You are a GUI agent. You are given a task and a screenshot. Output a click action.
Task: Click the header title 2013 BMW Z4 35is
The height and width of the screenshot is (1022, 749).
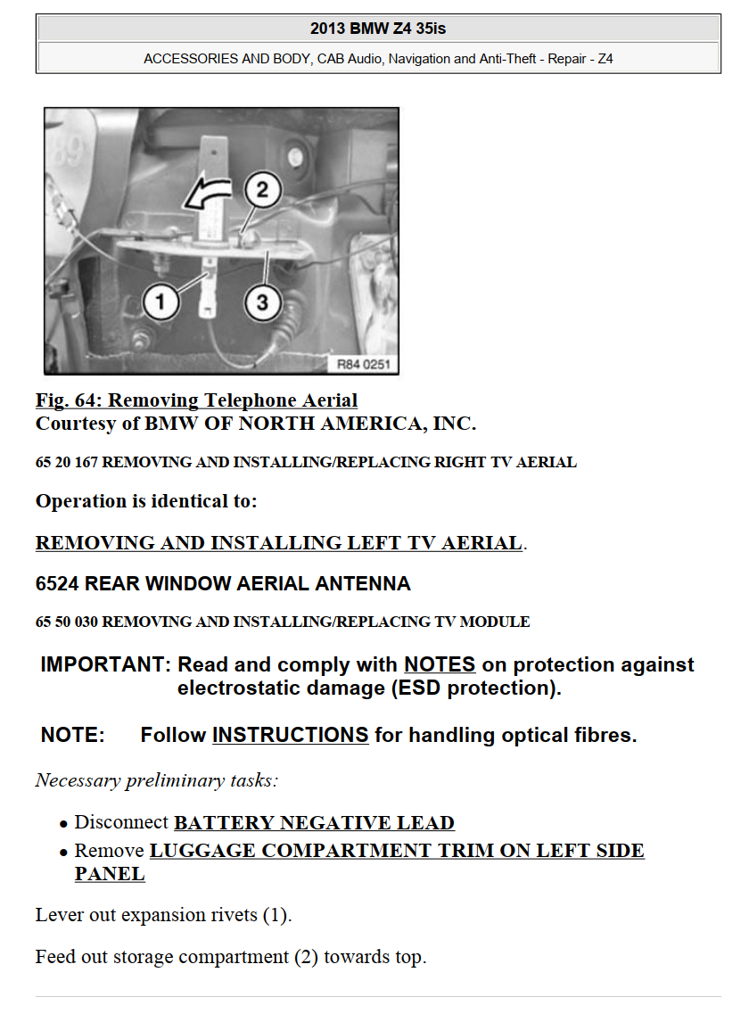[378, 29]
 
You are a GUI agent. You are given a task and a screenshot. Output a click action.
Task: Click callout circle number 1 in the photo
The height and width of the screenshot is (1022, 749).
[160, 302]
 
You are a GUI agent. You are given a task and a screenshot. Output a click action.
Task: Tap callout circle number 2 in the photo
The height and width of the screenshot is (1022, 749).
[261, 190]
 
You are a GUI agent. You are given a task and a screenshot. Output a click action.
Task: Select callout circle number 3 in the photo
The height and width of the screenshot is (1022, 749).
[261, 302]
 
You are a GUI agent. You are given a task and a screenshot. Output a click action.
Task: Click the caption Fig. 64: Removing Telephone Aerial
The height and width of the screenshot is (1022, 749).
[196, 400]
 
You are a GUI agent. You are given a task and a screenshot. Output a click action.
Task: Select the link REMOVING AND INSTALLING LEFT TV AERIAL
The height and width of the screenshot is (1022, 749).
[278, 542]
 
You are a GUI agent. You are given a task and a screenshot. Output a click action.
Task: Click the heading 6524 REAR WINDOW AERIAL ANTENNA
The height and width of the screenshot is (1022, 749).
[223, 584]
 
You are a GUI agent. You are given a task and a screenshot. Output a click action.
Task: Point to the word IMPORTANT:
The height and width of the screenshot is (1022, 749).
[105, 664]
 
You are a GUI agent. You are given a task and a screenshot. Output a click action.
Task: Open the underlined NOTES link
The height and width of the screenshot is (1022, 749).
[440, 664]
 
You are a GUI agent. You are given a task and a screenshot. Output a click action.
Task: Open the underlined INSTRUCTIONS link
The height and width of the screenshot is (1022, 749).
[290, 735]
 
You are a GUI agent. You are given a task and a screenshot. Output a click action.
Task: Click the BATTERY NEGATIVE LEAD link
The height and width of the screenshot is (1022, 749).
[314, 822]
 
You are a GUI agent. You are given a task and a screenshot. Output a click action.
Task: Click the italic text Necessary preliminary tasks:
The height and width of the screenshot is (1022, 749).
[157, 780]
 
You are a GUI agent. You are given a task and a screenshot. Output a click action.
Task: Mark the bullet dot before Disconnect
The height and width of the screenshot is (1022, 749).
[63, 824]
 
